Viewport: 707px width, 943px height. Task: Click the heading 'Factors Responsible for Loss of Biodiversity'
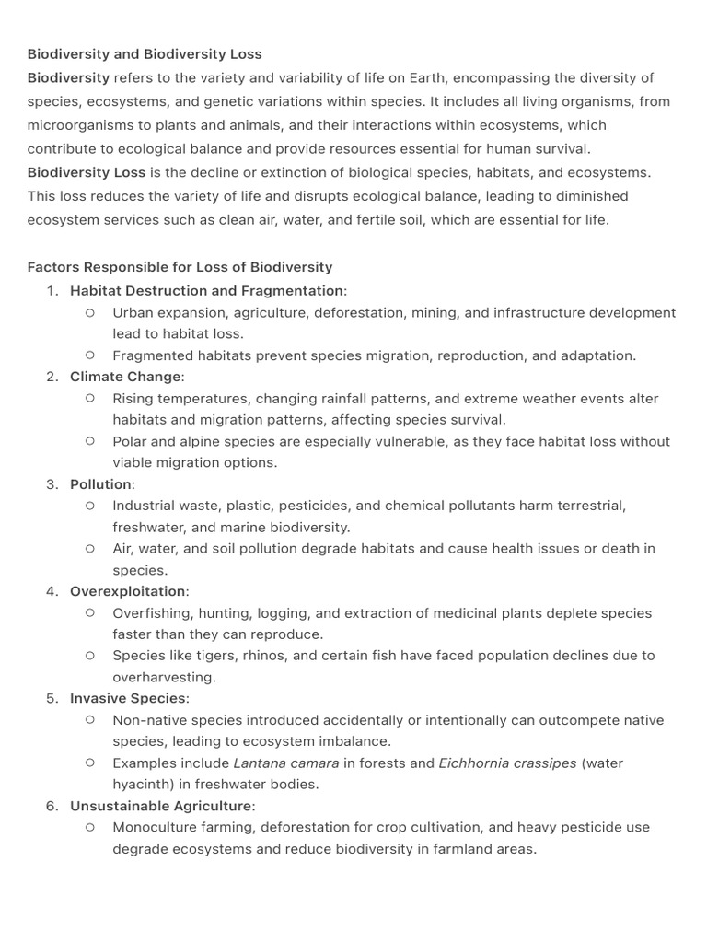coord(180,267)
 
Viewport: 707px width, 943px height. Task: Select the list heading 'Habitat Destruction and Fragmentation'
coord(206,291)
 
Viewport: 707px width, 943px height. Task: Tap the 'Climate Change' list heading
coord(126,377)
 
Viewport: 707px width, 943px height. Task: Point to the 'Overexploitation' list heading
coord(128,591)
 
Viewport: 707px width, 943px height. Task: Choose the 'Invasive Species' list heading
coord(128,698)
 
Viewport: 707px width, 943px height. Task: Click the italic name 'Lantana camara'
coord(286,763)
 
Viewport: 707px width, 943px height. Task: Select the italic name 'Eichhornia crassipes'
coord(507,763)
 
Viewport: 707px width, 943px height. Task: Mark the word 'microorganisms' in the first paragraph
coord(79,124)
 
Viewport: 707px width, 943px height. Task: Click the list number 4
coord(52,591)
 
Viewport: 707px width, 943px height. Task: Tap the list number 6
coord(52,806)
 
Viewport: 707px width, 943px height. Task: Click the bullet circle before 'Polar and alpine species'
coord(90,441)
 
